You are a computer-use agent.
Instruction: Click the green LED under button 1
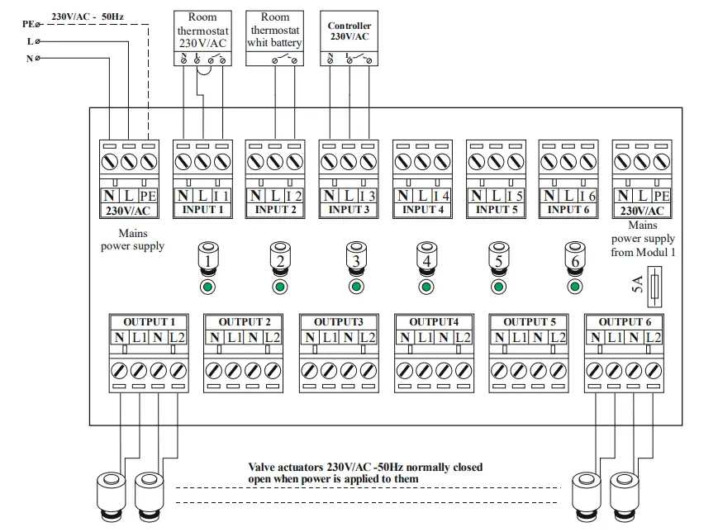209,287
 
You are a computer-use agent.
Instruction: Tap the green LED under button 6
576,287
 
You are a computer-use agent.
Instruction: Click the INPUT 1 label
202,210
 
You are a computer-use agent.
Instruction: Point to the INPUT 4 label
423,210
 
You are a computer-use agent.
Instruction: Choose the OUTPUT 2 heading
245,322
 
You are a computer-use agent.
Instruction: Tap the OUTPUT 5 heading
530,322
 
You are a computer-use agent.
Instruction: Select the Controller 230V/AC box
349,39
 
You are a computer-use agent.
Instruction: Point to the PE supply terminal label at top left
26,25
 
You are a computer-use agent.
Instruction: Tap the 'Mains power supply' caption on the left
133,240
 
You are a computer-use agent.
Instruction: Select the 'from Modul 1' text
644,252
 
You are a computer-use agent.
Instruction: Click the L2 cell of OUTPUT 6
653,337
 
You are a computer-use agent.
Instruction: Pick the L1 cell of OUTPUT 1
139,337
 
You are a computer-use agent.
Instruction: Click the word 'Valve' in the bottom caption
264,468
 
